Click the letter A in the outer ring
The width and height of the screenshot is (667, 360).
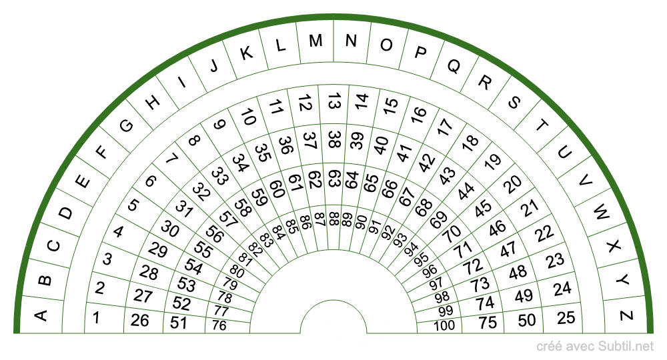coord(40,316)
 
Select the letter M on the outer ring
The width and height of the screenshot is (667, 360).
coord(315,41)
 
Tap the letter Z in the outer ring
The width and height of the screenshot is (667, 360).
coord(626,316)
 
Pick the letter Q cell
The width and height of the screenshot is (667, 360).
coord(453,66)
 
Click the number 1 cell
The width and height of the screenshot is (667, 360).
coord(97,317)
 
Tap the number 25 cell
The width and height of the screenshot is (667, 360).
coord(566,317)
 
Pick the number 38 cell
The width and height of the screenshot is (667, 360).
coord(334,139)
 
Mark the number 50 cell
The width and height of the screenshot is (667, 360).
coord(527,319)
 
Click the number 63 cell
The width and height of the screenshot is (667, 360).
coord(334,179)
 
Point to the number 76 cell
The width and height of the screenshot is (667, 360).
coord(219,326)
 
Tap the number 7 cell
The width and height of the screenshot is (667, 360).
coord(171,160)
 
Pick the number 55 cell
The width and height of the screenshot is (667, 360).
coord(203,248)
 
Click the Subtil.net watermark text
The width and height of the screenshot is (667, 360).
coord(596,346)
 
